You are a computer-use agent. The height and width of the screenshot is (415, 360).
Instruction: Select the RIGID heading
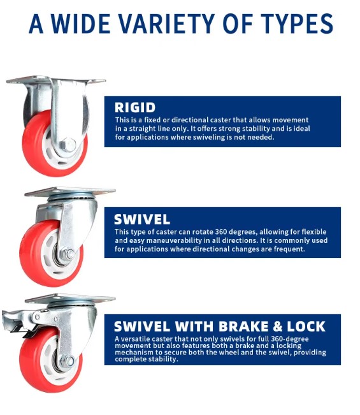(x=134, y=107)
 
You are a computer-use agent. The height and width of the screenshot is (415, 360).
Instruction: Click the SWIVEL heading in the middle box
(x=142, y=219)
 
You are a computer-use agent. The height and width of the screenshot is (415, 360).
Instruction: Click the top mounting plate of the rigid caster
(x=56, y=82)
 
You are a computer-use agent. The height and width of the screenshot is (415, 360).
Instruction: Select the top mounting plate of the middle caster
(x=70, y=191)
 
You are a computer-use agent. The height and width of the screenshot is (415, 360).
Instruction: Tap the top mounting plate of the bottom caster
(x=70, y=298)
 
